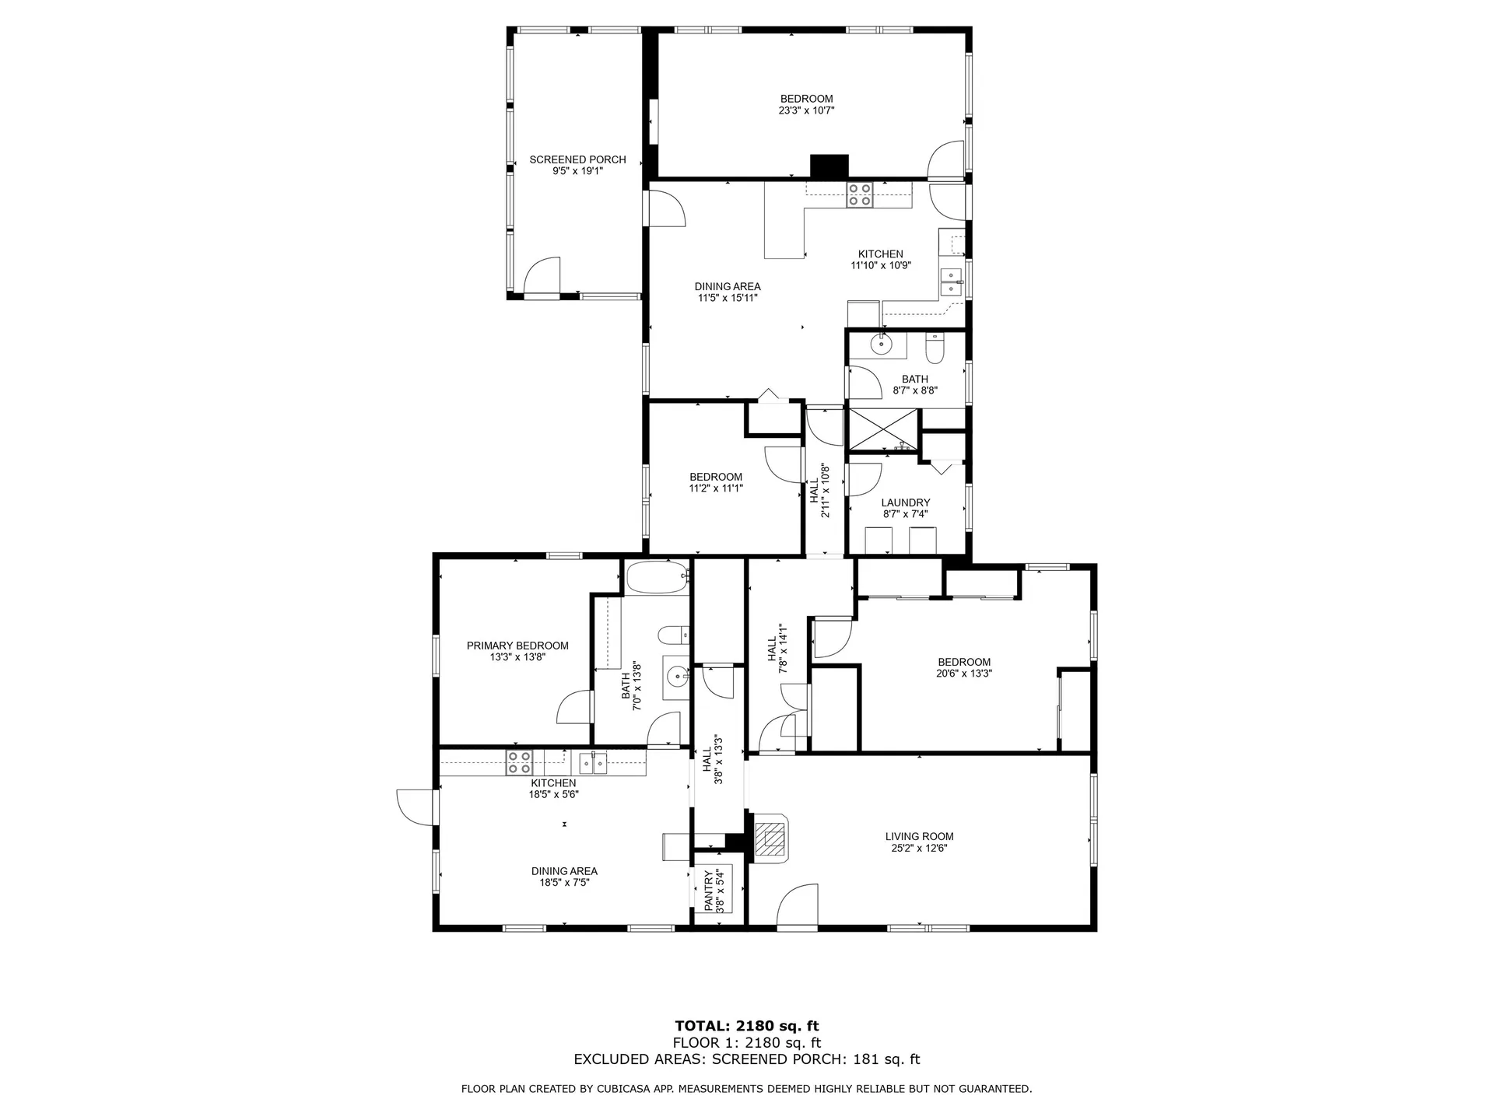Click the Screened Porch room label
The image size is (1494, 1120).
pos(577,159)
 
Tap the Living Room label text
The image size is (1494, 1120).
pos(919,837)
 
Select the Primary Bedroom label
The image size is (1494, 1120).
pos(517,646)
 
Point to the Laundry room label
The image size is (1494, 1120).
pos(906,502)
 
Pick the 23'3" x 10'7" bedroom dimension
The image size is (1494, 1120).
pos(807,110)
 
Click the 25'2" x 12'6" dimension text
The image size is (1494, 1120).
pos(919,849)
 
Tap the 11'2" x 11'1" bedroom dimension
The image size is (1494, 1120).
pos(716,488)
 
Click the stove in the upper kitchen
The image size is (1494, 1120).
pos(860,194)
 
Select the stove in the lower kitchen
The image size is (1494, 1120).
pos(519,762)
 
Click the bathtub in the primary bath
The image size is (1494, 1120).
pos(658,577)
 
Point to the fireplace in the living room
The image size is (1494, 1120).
pos(771,838)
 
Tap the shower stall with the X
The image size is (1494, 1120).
pos(883,429)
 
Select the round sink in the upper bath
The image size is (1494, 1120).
pos(882,343)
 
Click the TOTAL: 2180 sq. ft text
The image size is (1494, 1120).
pos(747,1026)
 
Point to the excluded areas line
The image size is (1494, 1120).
pos(747,1059)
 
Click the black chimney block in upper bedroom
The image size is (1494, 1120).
pos(829,166)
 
